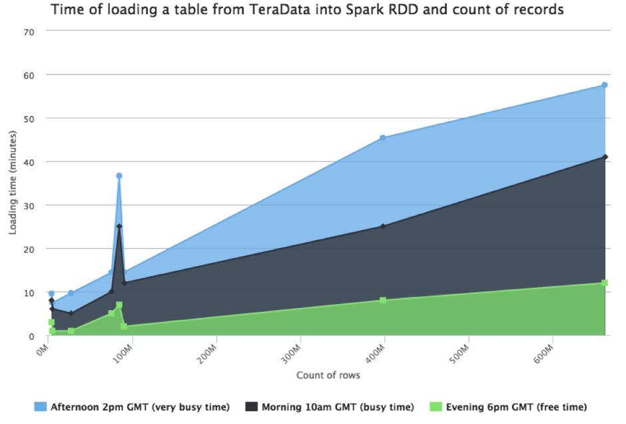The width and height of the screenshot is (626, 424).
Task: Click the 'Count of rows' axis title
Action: [328, 375]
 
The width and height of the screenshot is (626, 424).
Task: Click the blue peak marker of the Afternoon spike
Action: [119, 176]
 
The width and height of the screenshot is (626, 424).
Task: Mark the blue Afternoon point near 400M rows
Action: [383, 138]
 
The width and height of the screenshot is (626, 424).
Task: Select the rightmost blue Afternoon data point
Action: [605, 85]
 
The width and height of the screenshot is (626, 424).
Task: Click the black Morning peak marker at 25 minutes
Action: [119, 227]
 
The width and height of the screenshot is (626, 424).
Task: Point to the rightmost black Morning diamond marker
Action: [605, 157]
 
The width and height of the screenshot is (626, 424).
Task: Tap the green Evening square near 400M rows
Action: [383, 301]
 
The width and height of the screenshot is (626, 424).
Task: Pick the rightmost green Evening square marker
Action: [605, 283]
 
